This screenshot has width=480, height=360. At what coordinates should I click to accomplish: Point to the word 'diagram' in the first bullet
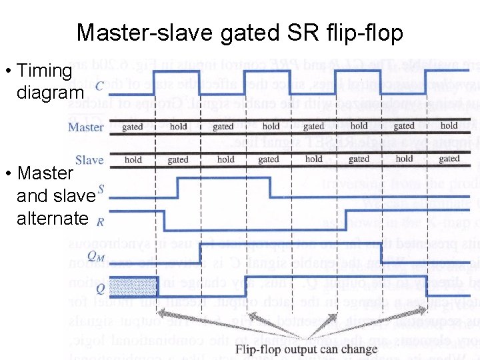click(x=50, y=92)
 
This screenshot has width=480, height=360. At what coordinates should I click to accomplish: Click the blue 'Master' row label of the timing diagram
click(x=86, y=127)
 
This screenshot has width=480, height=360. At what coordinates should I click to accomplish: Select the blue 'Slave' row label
click(x=89, y=160)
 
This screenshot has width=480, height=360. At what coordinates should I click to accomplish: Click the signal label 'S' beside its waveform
click(x=101, y=189)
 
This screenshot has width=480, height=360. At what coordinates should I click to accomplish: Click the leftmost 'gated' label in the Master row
click(x=132, y=126)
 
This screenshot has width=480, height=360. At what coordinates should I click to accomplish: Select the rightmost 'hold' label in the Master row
click(x=449, y=125)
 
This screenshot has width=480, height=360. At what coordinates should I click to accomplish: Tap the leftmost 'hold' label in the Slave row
click(x=133, y=159)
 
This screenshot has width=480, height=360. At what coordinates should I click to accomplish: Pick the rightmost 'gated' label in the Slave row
click(x=449, y=159)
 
